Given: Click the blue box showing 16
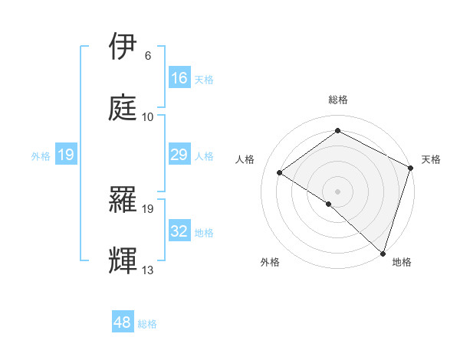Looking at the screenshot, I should [x=179, y=78].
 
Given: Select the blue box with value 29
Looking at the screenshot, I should [x=179, y=155].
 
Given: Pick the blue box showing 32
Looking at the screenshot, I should [x=179, y=231].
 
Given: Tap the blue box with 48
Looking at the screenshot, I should [x=123, y=322].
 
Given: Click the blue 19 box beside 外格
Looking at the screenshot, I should [x=66, y=155].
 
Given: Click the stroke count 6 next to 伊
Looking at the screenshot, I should [x=148, y=56].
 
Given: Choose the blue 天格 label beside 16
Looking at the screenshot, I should [x=204, y=79].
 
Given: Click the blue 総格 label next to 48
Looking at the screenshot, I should [x=148, y=323].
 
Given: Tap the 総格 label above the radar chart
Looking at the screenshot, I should [x=337, y=100].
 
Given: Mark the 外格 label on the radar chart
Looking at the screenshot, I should [x=270, y=262].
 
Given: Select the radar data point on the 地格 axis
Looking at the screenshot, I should [x=383, y=253].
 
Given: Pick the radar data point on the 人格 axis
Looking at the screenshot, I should [x=280, y=172].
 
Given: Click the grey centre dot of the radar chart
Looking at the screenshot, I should [x=337, y=191].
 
